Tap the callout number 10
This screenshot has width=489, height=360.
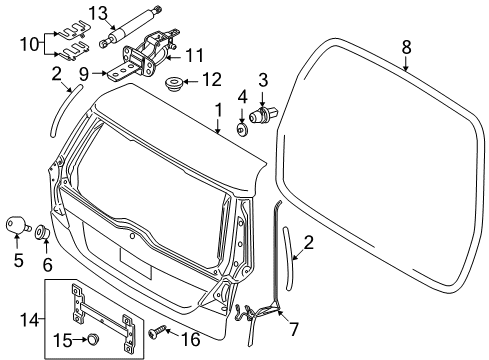pos(24,43)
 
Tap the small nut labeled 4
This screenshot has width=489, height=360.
pos(243,128)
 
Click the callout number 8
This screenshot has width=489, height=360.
pos(406,46)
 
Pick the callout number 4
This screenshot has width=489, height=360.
pos(242,97)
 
